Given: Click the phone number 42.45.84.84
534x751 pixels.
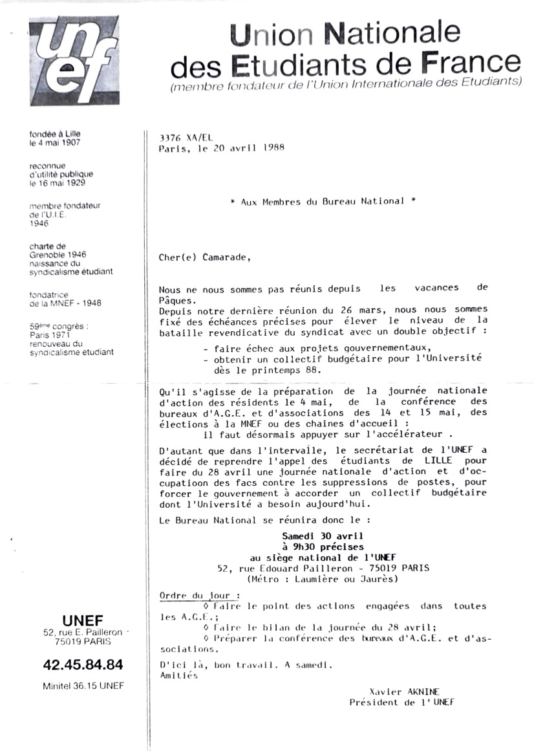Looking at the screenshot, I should click(x=83, y=664).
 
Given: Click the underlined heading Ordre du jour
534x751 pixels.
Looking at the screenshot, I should click(x=199, y=595).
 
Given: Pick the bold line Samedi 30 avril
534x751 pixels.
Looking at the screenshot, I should click(x=322, y=536).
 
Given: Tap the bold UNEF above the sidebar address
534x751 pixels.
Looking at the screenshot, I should click(x=82, y=619).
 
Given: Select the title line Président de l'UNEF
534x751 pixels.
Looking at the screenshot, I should click(x=401, y=702).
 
